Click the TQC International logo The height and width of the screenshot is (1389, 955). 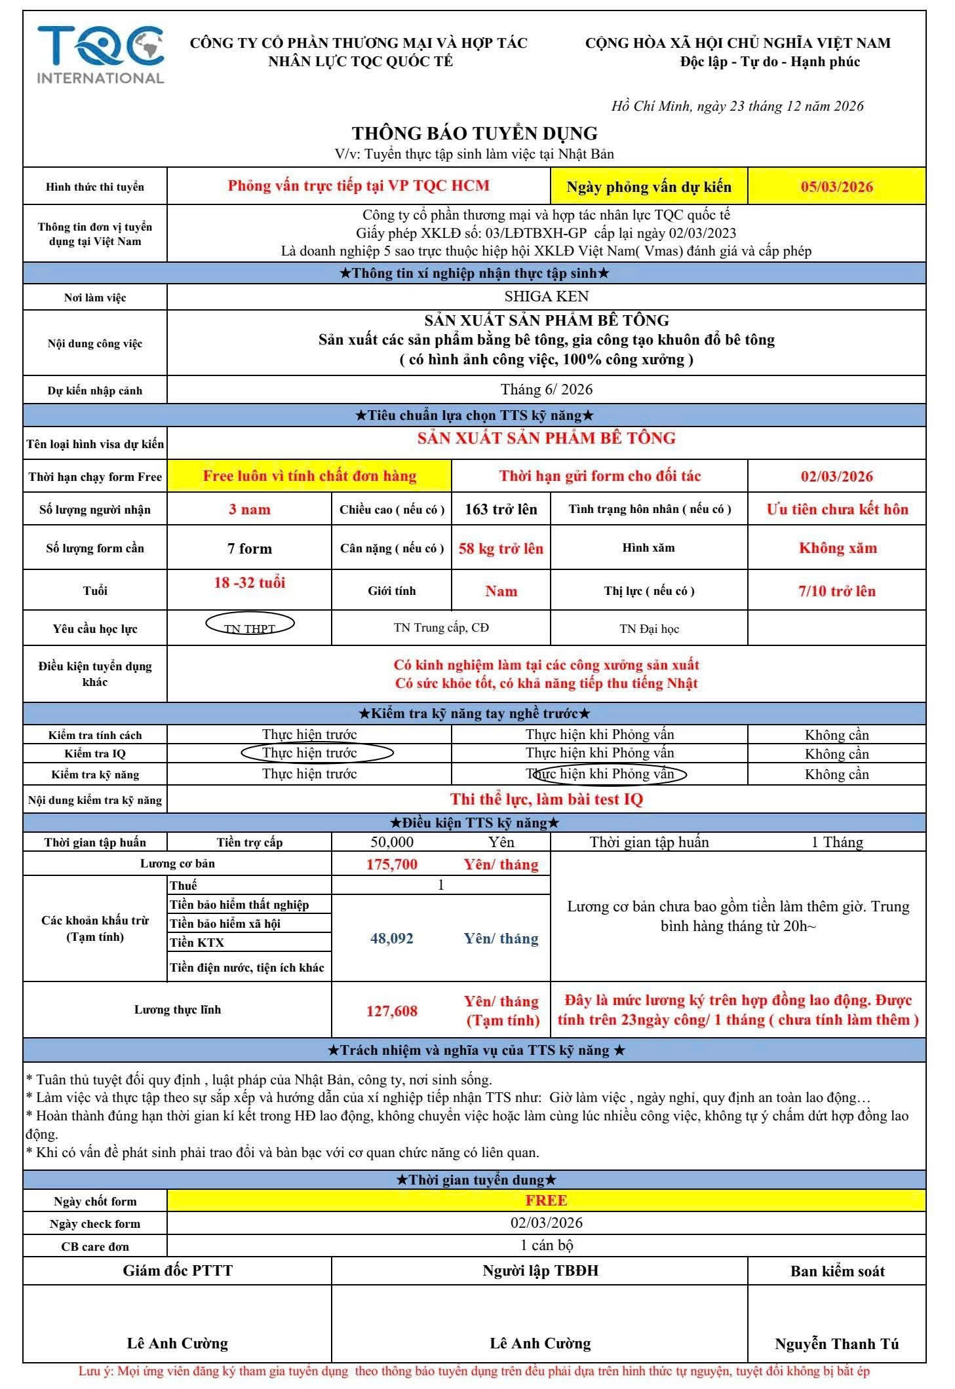(x=100, y=55)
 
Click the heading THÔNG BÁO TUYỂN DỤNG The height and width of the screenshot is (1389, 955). (x=475, y=134)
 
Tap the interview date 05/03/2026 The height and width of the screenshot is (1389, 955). (x=836, y=187)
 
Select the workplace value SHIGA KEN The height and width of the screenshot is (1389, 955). (x=546, y=296)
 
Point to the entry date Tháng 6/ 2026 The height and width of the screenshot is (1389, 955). (x=546, y=390)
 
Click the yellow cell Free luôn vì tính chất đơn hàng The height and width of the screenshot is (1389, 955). (x=309, y=476)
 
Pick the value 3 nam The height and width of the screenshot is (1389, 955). (x=249, y=510)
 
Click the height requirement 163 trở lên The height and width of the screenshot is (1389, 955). (x=501, y=510)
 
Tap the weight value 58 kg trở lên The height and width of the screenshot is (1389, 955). (x=501, y=548)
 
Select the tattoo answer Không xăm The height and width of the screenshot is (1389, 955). (x=837, y=548)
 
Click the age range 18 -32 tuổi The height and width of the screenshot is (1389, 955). (x=249, y=583)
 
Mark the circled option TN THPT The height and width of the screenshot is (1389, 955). (x=250, y=628)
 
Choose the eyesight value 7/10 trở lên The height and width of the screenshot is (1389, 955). (x=836, y=591)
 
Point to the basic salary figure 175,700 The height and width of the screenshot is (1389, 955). (x=391, y=864)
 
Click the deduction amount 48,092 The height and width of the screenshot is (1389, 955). (x=391, y=938)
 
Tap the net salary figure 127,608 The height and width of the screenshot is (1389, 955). (x=391, y=1011)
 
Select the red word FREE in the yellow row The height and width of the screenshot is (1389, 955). (x=546, y=1200)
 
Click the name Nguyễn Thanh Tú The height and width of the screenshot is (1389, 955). (x=836, y=1344)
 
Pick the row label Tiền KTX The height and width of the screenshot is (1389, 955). (x=197, y=943)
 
